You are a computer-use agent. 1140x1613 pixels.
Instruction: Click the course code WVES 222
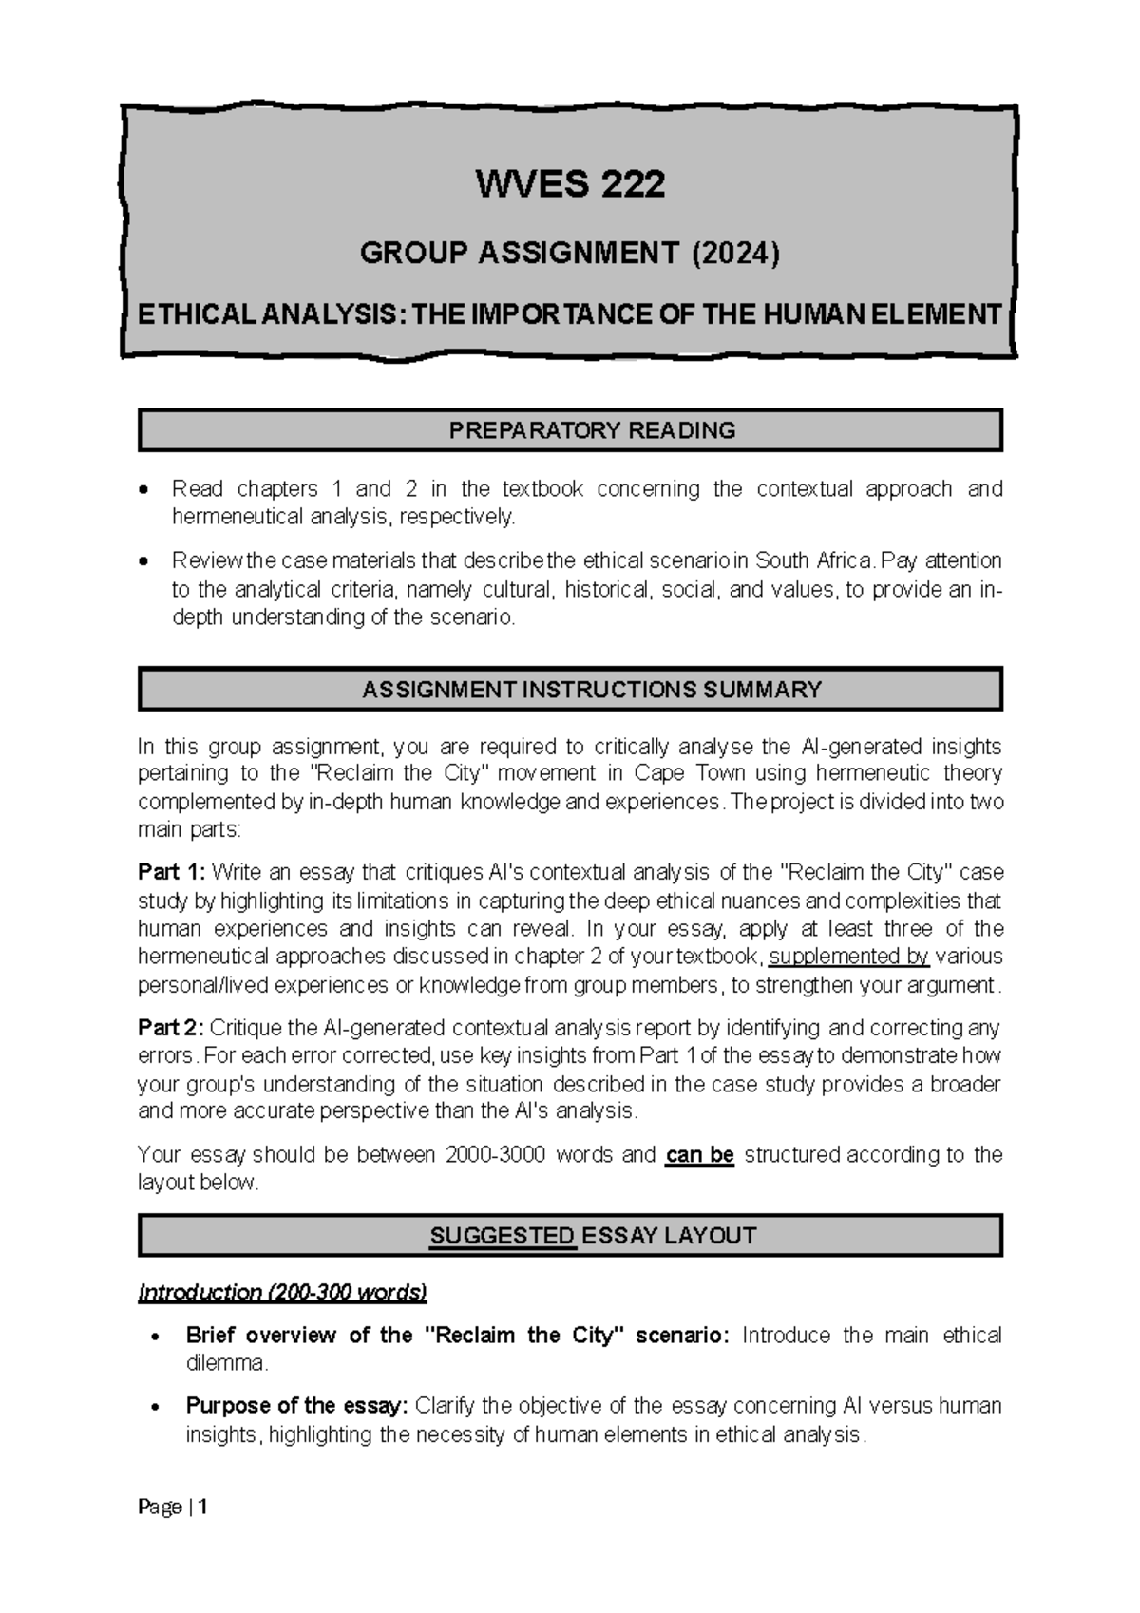point(570,183)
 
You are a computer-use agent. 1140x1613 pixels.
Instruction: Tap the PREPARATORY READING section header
point(592,430)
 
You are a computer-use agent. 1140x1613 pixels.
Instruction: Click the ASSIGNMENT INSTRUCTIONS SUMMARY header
point(591,690)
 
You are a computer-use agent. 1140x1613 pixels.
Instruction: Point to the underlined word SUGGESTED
point(503,1236)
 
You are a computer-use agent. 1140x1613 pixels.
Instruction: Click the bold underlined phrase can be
point(700,1155)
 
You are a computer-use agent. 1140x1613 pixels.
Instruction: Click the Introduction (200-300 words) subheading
point(282,1293)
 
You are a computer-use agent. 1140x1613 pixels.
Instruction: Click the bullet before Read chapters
point(142,490)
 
